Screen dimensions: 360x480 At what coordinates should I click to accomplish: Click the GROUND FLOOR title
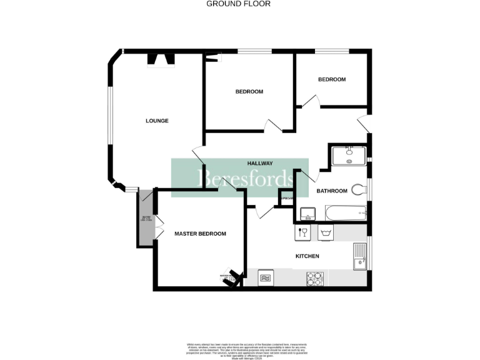(x=238, y=4)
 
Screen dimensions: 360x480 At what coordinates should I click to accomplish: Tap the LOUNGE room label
(x=157, y=121)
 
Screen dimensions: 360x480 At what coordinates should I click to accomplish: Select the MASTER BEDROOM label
(x=200, y=234)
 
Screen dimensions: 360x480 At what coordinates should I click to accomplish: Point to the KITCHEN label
(x=307, y=256)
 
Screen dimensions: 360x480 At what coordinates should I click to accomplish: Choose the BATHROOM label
(x=331, y=191)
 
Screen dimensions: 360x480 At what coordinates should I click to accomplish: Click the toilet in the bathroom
(x=358, y=189)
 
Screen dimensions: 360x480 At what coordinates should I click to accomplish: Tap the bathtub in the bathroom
(x=346, y=213)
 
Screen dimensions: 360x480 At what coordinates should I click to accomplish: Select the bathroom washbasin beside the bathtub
(x=307, y=214)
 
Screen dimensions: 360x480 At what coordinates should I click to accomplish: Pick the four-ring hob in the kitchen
(x=314, y=279)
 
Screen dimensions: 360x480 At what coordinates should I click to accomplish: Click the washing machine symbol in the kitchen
(x=326, y=233)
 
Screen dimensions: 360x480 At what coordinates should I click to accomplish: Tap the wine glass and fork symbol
(x=303, y=233)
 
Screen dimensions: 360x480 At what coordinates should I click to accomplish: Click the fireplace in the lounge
(x=161, y=59)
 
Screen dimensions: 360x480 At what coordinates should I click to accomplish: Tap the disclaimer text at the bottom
(x=240, y=351)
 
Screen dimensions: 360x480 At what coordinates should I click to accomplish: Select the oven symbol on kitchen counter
(x=266, y=277)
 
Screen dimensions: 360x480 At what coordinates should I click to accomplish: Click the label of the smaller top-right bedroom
(x=331, y=79)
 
